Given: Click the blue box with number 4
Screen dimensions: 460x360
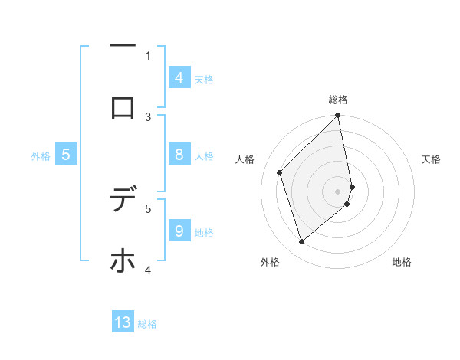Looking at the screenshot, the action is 179,78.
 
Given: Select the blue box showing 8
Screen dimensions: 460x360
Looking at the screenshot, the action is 179,155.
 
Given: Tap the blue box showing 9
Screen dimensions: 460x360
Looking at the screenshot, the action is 179,231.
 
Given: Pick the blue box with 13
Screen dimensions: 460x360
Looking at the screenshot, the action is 123,322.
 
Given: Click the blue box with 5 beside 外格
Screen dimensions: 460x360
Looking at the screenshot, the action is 66,155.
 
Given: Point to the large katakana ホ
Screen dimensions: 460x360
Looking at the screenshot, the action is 123,260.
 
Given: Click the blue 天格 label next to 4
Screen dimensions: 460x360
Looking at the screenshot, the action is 204,80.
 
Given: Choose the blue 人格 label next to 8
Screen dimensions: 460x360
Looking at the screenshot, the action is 204,156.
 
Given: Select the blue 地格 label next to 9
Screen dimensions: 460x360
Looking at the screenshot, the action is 204,233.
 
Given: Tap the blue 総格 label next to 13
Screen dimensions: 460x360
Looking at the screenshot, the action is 147,324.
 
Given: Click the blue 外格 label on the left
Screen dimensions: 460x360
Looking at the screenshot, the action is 41,156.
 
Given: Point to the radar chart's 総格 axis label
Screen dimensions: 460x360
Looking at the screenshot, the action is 338,100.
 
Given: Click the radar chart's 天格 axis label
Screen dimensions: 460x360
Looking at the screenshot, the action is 432,159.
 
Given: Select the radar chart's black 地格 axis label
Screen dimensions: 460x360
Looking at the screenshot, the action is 402,262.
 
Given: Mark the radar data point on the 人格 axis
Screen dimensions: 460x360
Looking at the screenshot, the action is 280,172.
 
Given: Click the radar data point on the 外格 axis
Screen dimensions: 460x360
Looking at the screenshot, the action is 301,241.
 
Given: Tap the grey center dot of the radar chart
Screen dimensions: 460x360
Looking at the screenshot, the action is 338,191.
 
